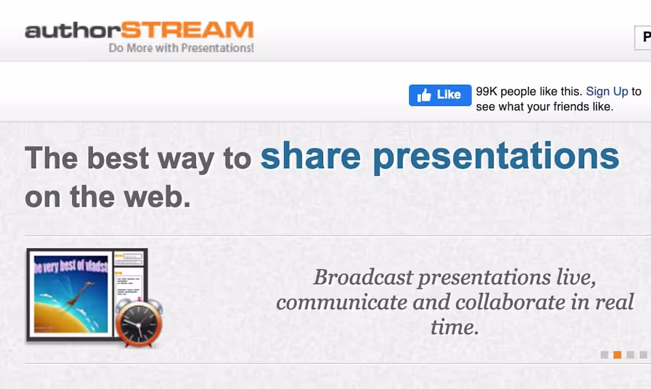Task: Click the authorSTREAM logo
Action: tap(139, 30)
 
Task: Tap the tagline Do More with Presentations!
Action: tap(181, 48)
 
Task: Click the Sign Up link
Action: tap(607, 91)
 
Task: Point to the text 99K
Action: tap(486, 92)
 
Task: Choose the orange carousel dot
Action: tap(617, 355)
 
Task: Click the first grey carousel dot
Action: tap(604, 355)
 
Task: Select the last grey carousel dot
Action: tap(643, 355)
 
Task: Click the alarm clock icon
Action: tap(138, 323)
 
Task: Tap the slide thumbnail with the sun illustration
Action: tap(71, 294)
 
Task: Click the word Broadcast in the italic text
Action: tap(363, 277)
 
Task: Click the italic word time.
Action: tap(454, 327)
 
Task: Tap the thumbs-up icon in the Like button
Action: tap(424, 95)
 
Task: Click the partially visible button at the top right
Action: tap(643, 37)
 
